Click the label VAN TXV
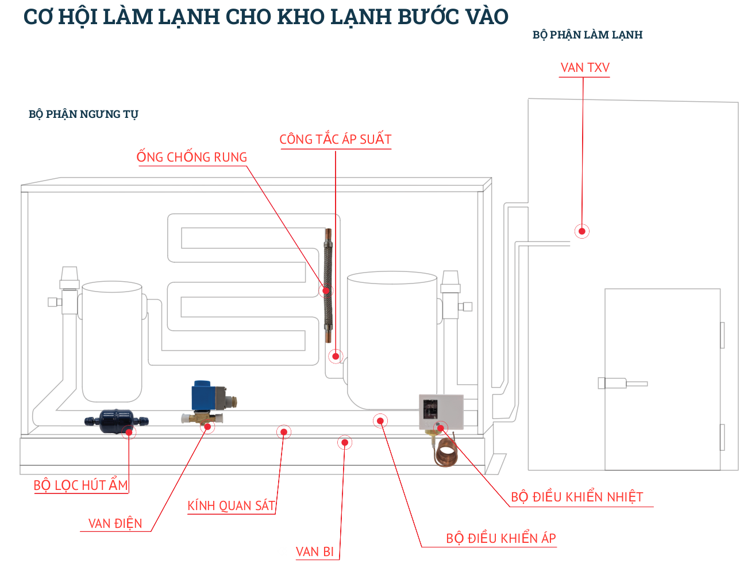[584, 68]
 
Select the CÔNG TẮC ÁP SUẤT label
[335, 140]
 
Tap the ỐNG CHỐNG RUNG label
[191, 158]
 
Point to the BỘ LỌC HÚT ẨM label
[80, 485]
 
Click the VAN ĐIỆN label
[115, 523]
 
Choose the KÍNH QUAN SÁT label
[231, 506]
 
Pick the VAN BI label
[314, 552]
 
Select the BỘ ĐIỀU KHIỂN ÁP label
[500, 539]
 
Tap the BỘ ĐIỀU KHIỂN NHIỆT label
[576, 497]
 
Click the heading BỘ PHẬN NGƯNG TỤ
[83, 114]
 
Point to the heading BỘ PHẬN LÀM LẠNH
[587, 35]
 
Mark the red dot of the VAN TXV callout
[582, 231]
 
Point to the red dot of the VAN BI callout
[345, 442]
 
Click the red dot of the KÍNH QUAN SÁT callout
[283, 432]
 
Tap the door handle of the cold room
[623, 383]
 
